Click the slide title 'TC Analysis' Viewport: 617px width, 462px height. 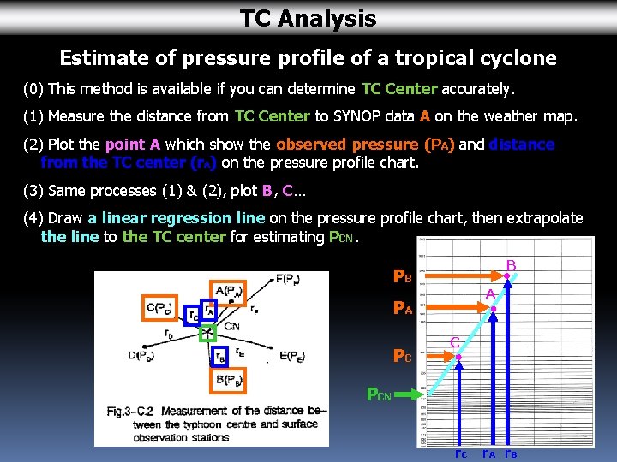308,18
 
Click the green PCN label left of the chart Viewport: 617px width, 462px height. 378,394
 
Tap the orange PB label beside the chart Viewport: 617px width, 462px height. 402,276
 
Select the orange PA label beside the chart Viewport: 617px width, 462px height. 402,307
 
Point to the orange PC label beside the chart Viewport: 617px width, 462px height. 402,355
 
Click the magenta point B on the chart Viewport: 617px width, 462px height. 506,275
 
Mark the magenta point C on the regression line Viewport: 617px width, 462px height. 458,352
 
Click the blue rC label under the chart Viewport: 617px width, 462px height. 460,453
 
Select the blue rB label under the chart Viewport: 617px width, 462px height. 511,453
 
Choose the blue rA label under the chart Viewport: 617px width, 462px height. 489,453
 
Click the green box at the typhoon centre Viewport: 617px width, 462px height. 207,333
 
